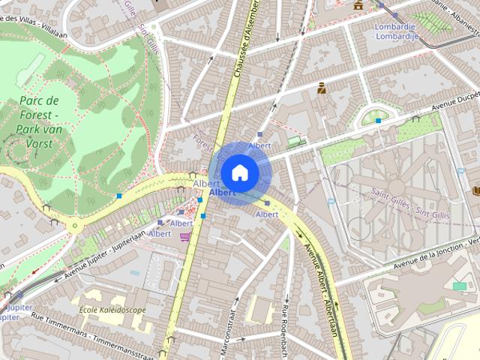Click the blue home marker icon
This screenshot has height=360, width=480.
tap(240, 172)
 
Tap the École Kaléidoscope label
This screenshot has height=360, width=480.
tap(112, 310)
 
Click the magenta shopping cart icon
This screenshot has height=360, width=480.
tap(184, 237)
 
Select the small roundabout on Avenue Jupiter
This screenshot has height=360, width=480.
tap(74, 225)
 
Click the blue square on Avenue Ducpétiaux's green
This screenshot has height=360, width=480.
tap(379, 120)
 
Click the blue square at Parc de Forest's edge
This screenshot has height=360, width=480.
tap(119, 196)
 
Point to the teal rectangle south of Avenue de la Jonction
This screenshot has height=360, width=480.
tap(459, 286)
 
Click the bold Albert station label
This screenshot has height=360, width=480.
tap(223, 193)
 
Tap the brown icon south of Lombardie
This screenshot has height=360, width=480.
tap(321, 88)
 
